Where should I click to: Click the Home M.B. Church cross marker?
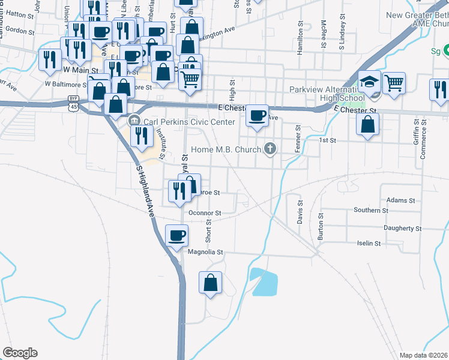pos(270,149)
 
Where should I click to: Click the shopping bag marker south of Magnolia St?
pos(211,283)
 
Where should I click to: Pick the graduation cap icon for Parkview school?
pos(370,81)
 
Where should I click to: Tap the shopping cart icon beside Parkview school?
pos(394,83)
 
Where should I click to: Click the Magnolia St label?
pos(205,253)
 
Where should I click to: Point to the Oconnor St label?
pos(205,213)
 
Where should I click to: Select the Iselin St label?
pos(369,244)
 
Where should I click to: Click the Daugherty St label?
pos(402,229)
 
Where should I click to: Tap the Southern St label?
pos(370,211)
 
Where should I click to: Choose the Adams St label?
pos(401,200)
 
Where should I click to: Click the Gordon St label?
pos(20,30)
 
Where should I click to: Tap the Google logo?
pos(20,353)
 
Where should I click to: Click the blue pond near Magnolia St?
pos(264,282)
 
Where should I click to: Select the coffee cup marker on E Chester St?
pos(258,115)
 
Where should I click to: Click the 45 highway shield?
pos(73,106)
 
